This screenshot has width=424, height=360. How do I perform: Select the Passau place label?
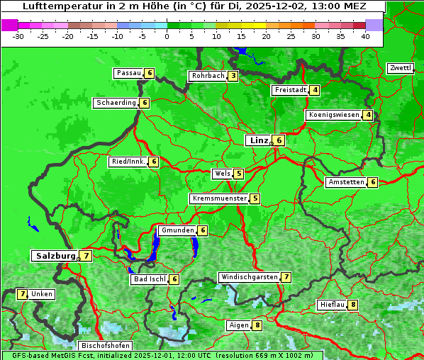[129, 73]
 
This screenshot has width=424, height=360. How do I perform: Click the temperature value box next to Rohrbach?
[233, 76]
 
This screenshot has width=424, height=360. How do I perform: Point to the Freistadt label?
[290, 90]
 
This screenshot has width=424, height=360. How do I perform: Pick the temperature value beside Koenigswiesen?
[368, 115]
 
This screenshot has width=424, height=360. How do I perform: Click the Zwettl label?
[400, 68]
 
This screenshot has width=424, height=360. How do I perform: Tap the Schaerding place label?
[116, 103]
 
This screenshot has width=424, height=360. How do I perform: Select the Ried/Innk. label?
[128, 162]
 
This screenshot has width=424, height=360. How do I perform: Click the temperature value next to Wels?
[239, 174]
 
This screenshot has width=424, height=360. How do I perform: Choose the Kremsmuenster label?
[219, 199]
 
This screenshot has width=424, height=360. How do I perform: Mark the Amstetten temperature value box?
[373, 182]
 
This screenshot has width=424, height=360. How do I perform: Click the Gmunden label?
[177, 230]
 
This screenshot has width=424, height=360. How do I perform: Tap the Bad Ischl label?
[149, 279]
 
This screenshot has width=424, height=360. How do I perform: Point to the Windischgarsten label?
[249, 277]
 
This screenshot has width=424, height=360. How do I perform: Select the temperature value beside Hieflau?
[352, 305]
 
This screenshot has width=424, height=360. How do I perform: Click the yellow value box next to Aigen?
[257, 325]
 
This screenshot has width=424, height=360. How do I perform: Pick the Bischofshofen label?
[105, 346]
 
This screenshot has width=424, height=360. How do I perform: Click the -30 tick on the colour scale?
[18, 35]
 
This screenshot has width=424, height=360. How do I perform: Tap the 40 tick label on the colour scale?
[365, 35]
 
